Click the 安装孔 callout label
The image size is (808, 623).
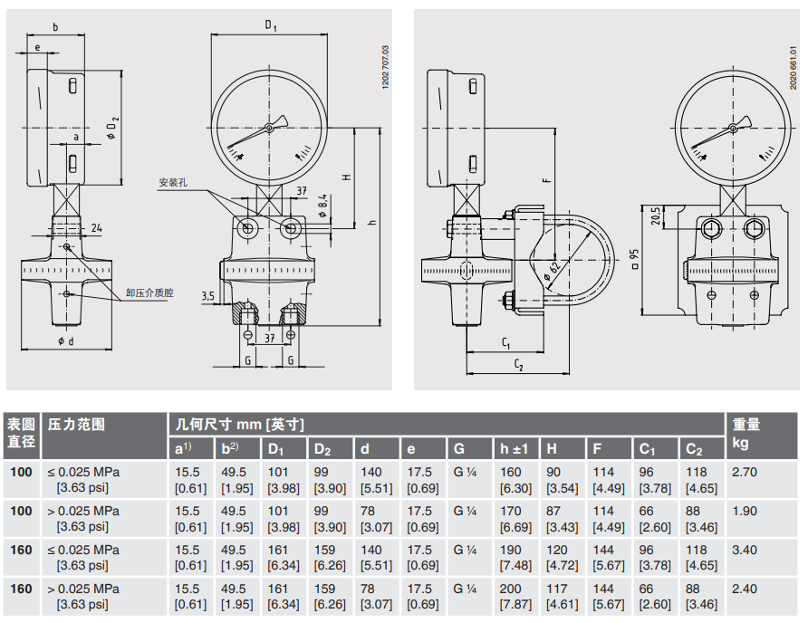(172, 182)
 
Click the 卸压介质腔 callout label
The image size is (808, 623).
(149, 292)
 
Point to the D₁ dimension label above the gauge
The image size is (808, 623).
(270, 25)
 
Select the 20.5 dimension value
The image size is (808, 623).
(657, 217)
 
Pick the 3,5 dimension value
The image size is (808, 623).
(207, 296)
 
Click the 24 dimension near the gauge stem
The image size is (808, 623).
(96, 227)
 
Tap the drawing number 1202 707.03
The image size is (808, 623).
(387, 66)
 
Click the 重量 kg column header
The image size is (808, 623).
(746, 433)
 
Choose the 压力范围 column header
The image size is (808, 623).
(76, 424)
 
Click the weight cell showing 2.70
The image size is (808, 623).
(745, 472)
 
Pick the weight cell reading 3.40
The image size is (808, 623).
(745, 550)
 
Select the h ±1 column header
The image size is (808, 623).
(515, 449)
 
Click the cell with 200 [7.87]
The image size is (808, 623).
(513, 596)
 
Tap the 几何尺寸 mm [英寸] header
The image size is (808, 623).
(238, 424)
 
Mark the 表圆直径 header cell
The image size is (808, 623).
(22, 433)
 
